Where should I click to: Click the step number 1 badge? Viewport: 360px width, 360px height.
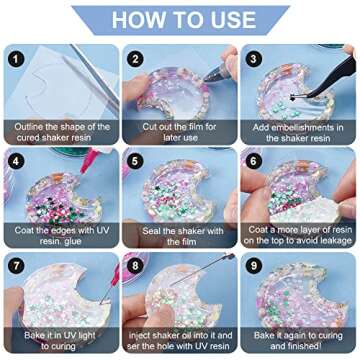click(16, 60)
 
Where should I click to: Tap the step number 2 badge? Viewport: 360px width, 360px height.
click(135, 59)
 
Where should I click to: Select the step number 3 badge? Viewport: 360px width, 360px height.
click(254, 59)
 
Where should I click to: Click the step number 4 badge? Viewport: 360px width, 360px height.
click(16, 162)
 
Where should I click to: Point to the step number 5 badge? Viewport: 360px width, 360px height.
click(135, 162)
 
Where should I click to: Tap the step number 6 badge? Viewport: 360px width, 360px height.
click(254, 162)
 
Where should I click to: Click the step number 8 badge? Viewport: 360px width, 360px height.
click(135, 267)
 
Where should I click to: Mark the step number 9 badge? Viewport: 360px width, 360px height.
click(254, 267)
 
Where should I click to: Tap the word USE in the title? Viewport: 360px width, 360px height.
click(234, 20)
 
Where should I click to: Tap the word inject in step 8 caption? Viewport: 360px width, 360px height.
click(139, 335)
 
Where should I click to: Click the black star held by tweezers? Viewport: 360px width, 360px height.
click(294, 98)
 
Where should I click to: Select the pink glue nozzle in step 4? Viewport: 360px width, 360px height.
click(87, 162)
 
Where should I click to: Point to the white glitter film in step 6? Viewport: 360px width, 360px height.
click(305, 212)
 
